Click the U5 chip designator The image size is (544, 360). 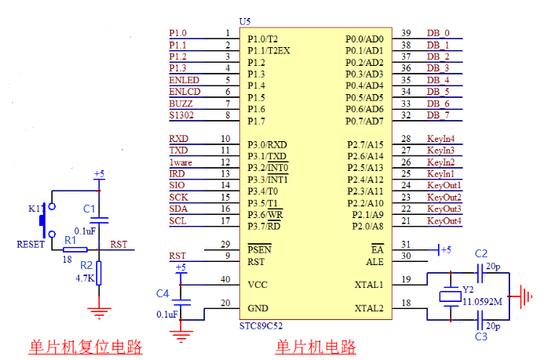[x=244, y=21]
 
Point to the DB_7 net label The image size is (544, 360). [x=438, y=115]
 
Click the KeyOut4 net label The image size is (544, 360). [x=444, y=221]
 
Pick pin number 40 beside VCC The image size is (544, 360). [x=225, y=279]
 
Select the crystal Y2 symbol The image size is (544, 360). [x=449, y=296]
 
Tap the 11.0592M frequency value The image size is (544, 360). [x=482, y=300]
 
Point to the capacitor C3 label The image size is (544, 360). [x=481, y=336]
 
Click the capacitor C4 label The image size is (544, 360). [x=162, y=293]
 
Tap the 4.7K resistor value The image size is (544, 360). [x=85, y=278]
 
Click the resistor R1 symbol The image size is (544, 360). [x=75, y=250]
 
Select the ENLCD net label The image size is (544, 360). [x=184, y=92]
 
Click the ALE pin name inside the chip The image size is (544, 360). [x=374, y=261]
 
